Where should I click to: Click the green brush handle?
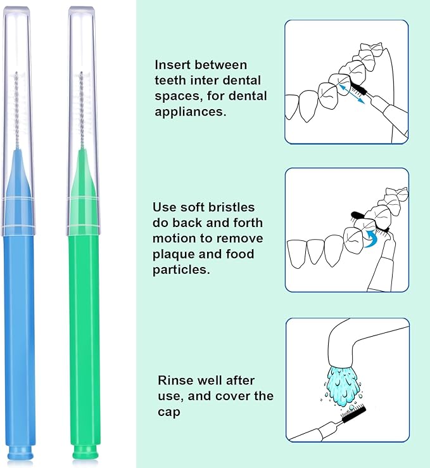click(84, 330)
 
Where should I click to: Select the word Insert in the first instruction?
click(174, 65)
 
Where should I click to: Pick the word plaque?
click(176, 254)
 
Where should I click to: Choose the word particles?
click(180, 270)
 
